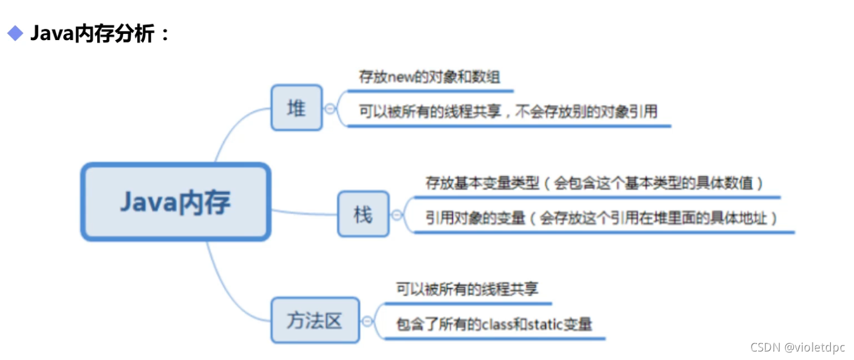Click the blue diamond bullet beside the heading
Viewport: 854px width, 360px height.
(15, 33)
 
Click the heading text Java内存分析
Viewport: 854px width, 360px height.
(95, 33)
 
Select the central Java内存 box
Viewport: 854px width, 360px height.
(176, 202)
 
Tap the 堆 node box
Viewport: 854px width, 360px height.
(296, 108)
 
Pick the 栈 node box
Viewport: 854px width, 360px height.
(363, 214)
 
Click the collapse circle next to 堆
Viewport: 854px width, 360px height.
(330, 109)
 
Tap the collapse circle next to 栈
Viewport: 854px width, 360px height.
(397, 214)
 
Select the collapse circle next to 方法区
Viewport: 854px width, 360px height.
(367, 321)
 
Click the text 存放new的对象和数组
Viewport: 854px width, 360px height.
(429, 77)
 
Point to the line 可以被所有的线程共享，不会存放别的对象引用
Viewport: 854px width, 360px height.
(508, 111)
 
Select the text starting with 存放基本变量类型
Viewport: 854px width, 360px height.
(594, 183)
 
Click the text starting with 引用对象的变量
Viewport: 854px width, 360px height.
(601, 217)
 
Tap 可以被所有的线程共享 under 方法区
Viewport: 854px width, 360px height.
(466, 289)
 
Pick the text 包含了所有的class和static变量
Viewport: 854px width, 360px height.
(493, 324)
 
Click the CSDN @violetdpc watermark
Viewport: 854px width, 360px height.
(797, 347)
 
